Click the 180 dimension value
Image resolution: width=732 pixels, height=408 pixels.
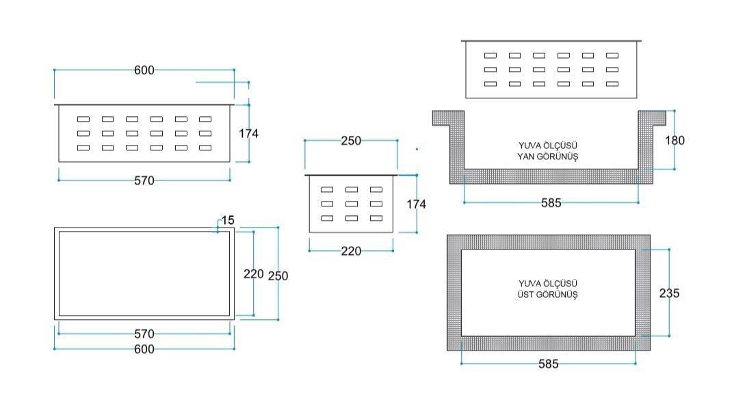click(675, 140)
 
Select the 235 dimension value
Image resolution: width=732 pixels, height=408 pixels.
click(669, 293)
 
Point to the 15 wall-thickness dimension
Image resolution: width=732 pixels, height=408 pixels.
click(228, 220)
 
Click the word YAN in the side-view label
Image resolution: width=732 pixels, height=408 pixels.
click(526, 157)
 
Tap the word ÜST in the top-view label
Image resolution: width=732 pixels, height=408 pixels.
click(525, 295)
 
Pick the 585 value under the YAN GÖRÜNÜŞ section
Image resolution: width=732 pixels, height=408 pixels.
click(551, 203)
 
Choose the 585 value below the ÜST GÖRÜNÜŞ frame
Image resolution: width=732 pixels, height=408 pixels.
click(548, 364)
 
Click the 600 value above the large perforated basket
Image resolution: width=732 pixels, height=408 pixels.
click(144, 70)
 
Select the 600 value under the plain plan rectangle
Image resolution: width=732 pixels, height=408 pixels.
click(144, 349)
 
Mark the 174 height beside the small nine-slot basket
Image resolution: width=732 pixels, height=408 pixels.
click(416, 204)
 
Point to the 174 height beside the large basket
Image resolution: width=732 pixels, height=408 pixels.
click(248, 133)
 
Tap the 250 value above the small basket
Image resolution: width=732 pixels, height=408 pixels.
click(350, 140)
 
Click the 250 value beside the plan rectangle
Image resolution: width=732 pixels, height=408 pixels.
click(278, 276)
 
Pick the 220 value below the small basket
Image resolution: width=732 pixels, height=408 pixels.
click(350, 251)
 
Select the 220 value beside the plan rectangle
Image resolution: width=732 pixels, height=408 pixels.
click(254, 274)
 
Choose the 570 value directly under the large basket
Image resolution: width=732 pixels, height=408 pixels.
click(144, 180)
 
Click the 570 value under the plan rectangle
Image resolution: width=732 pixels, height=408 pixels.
click(144, 334)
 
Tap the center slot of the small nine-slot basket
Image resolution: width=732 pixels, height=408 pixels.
click(352, 204)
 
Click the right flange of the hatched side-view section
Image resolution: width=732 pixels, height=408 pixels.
click(652, 118)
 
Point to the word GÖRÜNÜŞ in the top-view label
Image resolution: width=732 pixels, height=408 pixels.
click(557, 295)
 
